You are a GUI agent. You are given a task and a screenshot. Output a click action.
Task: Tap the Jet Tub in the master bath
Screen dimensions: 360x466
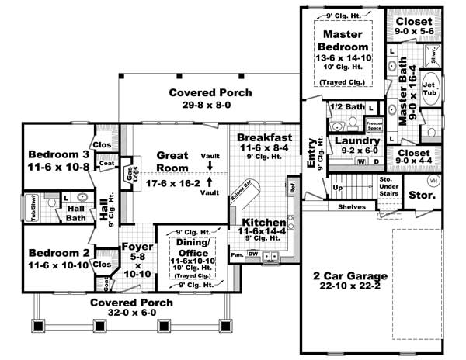[431, 85]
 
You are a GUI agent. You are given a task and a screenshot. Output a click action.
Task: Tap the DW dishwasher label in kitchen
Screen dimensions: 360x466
[252, 254]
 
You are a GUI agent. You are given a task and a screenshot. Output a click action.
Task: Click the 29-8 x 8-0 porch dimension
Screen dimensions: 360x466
[210, 106]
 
